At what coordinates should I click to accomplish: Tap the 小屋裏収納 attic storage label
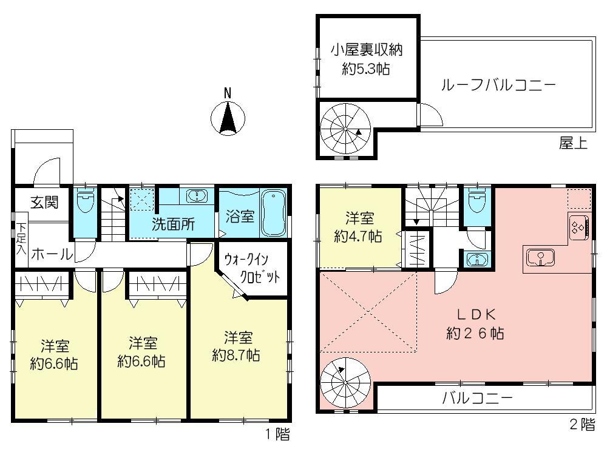[x=367, y=51]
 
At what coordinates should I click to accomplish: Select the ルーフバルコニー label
[x=498, y=85]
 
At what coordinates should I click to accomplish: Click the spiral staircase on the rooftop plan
[x=345, y=129]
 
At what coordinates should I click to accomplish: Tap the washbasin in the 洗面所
[x=197, y=195]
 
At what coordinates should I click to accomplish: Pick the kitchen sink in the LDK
[x=538, y=258]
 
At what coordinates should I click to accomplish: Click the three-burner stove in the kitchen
[x=578, y=228]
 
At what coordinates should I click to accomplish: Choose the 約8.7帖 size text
[x=237, y=355]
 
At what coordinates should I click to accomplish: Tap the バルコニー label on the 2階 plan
[x=477, y=399]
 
